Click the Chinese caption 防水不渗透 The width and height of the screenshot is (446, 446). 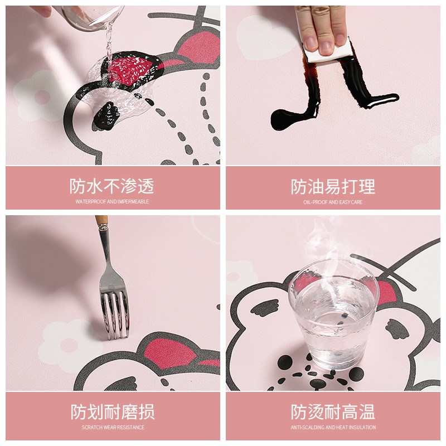point(111,186)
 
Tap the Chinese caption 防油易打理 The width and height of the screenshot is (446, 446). point(333,187)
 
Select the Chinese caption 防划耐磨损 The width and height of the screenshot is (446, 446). point(112,413)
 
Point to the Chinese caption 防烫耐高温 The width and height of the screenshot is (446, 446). point(333,413)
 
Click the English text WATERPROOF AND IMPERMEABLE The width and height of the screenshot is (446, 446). point(112,201)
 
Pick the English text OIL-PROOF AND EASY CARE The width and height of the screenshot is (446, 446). point(333,202)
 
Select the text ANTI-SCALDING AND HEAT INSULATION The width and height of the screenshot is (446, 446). point(333,428)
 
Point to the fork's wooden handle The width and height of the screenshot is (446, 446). point(101,220)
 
